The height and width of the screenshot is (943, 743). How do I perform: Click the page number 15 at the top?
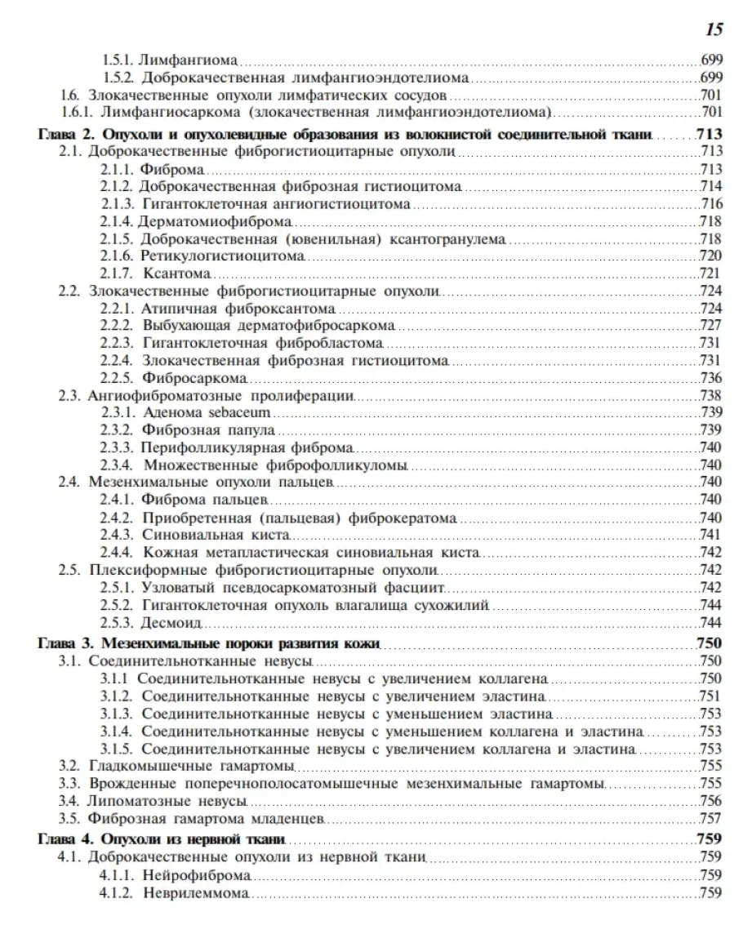713,30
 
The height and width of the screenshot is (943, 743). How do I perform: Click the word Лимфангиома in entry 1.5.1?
189,60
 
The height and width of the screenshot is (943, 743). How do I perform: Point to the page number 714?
711,186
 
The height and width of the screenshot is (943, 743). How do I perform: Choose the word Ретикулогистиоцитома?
222,255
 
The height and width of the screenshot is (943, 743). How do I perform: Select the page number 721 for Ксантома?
711,272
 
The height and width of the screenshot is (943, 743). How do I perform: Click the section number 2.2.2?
117,324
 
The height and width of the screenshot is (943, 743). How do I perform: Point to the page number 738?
711,394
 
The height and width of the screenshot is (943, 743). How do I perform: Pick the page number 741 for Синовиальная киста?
711,534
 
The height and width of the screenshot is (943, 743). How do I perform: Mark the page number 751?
711,695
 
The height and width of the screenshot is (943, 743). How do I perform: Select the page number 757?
711,817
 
